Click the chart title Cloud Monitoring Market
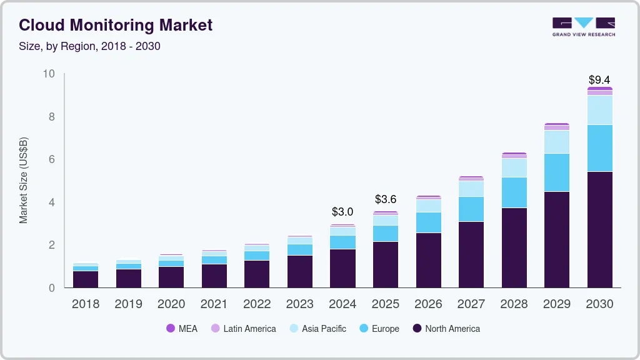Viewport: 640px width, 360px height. point(116,25)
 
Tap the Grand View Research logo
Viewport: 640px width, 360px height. point(583,27)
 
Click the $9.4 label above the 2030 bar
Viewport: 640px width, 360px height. point(599,80)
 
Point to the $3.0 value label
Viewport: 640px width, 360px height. point(342,212)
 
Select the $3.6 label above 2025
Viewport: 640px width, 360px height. point(386,199)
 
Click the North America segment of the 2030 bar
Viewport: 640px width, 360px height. point(599,229)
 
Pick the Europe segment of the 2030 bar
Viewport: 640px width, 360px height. point(599,148)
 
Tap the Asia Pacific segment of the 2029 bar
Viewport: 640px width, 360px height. point(557,142)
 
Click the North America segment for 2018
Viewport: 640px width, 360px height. point(86,279)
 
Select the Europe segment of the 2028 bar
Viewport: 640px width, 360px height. point(514,192)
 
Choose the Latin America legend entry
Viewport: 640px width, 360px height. point(243,329)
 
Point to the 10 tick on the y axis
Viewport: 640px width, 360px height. point(49,74)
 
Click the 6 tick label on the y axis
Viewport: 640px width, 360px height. point(52,159)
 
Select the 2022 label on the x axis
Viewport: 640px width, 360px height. point(257,304)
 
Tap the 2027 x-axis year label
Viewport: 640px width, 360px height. point(471,304)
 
